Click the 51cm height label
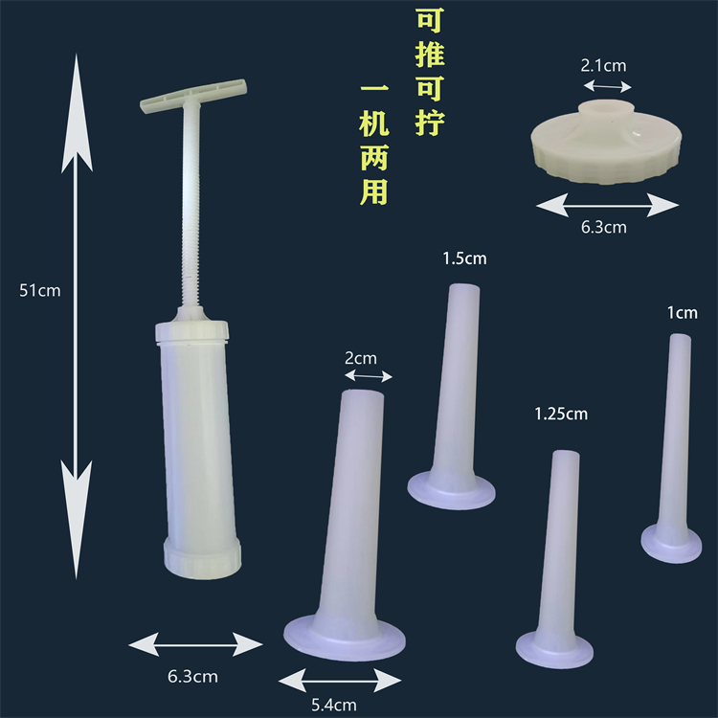tap(39, 290)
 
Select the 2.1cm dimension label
tap(603, 66)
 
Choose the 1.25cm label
tap(561, 414)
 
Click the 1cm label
tap(683, 312)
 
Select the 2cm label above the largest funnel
tap(360, 358)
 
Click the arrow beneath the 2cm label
tap(368, 376)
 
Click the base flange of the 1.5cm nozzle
tap(452, 490)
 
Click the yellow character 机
tap(373, 125)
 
